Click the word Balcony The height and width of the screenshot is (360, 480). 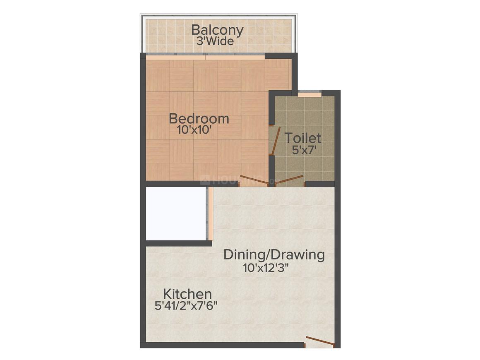(x=217, y=31)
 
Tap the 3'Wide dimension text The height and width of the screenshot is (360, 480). (x=215, y=41)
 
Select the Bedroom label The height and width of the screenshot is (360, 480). (x=199, y=119)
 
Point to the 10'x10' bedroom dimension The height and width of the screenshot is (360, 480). (x=194, y=130)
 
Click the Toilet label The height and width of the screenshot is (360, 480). (x=303, y=138)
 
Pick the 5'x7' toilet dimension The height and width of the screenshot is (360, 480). (x=304, y=150)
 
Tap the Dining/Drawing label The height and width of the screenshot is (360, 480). (x=274, y=255)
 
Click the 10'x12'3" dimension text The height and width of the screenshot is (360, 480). (x=266, y=268)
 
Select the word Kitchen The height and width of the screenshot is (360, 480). (x=187, y=294)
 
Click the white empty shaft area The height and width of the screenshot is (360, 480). (x=176, y=214)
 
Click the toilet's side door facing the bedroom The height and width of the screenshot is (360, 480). (x=275, y=140)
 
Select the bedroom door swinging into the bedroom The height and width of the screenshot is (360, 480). (x=254, y=180)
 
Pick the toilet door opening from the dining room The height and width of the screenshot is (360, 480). (x=289, y=180)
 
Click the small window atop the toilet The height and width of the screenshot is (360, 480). (x=310, y=94)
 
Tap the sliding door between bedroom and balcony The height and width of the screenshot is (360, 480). (x=205, y=57)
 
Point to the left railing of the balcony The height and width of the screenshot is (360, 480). (x=143, y=34)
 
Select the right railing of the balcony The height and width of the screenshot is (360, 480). (x=295, y=34)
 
